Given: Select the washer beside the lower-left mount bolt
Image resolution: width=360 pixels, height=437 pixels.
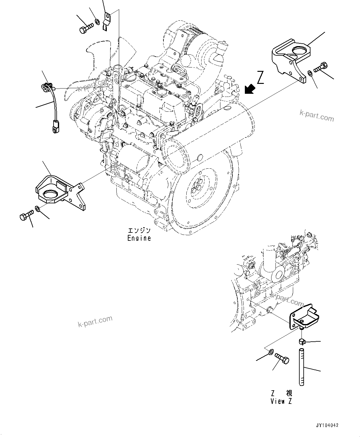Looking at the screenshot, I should coord(37,210).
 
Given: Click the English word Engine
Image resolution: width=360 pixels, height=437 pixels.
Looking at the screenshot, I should coord(139,238).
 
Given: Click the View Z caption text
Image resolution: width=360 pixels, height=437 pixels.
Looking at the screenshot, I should coord(281,401).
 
